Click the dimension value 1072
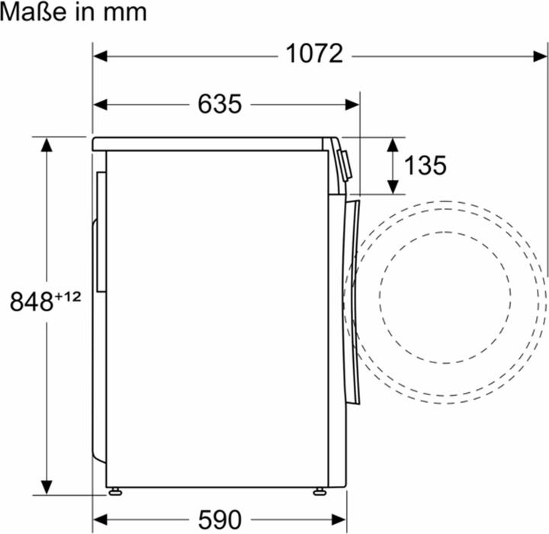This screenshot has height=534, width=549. [x=314, y=54]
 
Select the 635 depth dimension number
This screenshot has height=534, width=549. [x=220, y=104]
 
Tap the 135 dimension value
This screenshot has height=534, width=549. [x=425, y=166]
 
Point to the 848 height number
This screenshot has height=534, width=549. [x=30, y=302]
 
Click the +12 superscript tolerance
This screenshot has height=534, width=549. [x=68, y=297]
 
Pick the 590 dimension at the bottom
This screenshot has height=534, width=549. [x=220, y=519]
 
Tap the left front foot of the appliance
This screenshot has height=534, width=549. [x=114, y=491]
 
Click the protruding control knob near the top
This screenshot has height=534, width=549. [x=345, y=165]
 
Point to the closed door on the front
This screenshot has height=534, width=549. [x=350, y=298]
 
